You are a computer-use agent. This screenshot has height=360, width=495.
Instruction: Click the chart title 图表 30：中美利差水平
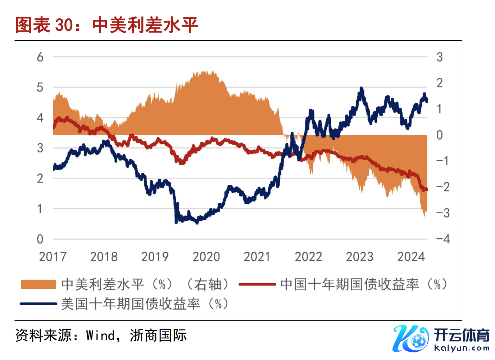pos(106,25)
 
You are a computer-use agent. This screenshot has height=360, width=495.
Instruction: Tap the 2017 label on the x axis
pos(53,257)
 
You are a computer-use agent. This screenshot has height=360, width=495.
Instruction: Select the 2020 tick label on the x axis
pos(206,257)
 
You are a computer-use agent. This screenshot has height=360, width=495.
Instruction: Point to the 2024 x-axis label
pos(411,257)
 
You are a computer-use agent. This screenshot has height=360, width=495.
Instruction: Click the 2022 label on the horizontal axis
pos(308,257)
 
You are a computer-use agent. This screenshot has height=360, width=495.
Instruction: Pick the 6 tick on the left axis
pos(40,57)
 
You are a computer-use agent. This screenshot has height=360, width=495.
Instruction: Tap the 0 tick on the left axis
pos(40,239)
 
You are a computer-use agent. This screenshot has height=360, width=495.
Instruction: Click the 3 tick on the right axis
pos(439,57)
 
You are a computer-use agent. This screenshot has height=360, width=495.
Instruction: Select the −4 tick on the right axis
pos(443,239)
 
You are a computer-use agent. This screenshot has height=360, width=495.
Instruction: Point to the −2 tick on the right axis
pos(443,187)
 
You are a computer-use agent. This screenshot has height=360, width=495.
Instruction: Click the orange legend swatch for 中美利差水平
pos(38,284)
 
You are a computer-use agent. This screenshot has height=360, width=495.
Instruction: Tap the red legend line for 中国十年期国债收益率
pos(257,284)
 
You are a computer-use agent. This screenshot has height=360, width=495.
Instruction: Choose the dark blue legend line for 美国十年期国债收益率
pos(38,304)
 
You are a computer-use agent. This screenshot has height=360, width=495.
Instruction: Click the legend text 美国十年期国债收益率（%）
pos(145,304)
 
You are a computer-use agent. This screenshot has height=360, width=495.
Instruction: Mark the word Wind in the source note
pos(100,336)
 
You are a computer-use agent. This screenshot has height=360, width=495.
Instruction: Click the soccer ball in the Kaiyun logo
pos(418,341)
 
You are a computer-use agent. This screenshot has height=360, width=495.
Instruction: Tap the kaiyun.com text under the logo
pos(462,348)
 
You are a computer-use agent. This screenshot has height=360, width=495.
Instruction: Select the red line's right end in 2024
pos(426,189)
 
